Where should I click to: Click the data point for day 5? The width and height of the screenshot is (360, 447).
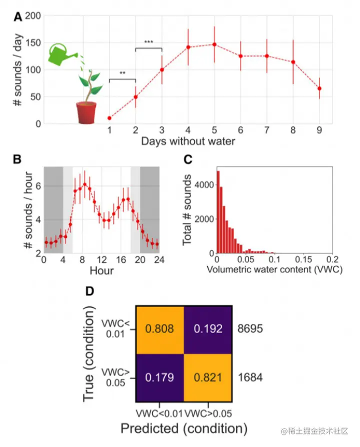click(214, 44)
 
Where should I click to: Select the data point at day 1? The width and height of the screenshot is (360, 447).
click(109, 118)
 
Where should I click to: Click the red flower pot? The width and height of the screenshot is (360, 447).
click(86, 112)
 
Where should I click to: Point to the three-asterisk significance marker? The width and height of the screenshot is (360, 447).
click(148, 42)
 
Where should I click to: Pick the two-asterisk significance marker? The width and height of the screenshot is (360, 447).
click(122, 73)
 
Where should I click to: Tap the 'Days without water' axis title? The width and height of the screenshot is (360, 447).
click(187, 141)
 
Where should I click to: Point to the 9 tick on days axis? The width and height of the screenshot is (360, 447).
click(319, 130)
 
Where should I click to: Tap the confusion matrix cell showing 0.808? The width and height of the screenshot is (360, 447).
click(159, 329)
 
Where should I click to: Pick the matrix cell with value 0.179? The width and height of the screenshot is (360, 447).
click(159, 376)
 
